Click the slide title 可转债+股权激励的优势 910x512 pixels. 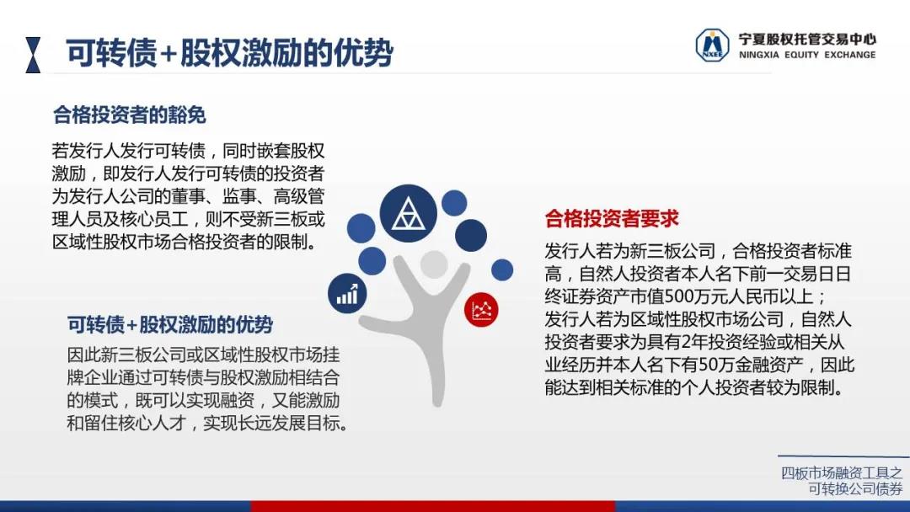[x=230, y=53]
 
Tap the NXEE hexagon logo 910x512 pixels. [x=712, y=45]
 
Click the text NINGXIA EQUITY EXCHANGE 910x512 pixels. [x=807, y=55]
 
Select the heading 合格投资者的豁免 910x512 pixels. [x=130, y=115]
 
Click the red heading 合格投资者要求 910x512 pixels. [x=612, y=219]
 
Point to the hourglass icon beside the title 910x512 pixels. [x=33, y=55]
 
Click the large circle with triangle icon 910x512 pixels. [x=408, y=213]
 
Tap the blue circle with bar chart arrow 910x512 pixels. [x=347, y=293]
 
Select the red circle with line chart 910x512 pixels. [x=481, y=310]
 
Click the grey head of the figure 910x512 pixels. [x=434, y=265]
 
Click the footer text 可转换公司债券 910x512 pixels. [x=855, y=488]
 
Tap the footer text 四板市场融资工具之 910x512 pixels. [x=842, y=473]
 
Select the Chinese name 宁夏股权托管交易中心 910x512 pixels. [x=807, y=39]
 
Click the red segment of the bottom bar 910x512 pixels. [x=433, y=506]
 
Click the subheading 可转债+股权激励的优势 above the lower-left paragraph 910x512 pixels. [x=170, y=324]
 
